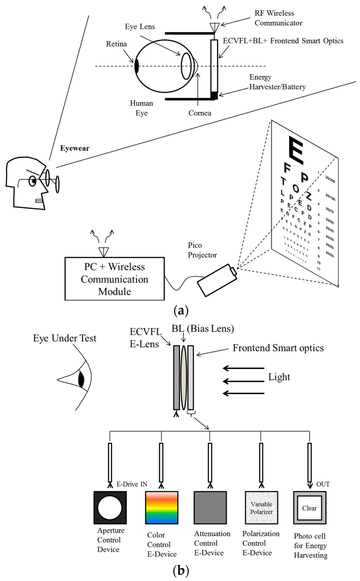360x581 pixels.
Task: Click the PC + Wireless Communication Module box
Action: (115, 279)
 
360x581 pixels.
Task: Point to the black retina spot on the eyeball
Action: (136, 66)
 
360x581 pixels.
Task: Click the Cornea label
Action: (200, 113)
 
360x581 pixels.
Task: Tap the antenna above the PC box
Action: (104, 252)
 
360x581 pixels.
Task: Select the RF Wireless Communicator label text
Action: (278, 18)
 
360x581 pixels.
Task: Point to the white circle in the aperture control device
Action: (110, 508)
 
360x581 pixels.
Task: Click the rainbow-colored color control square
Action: (162, 508)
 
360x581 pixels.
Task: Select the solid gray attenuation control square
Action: (210, 508)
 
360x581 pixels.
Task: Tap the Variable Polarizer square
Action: (261, 508)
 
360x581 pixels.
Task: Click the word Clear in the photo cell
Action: (309, 508)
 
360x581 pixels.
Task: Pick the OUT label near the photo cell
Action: (323, 484)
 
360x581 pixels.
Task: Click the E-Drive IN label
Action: (132, 484)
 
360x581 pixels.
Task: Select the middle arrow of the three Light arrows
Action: (244, 381)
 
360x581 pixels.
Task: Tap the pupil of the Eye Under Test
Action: (81, 380)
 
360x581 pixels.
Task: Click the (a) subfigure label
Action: (181, 311)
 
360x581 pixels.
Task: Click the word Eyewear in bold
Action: (75, 148)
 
